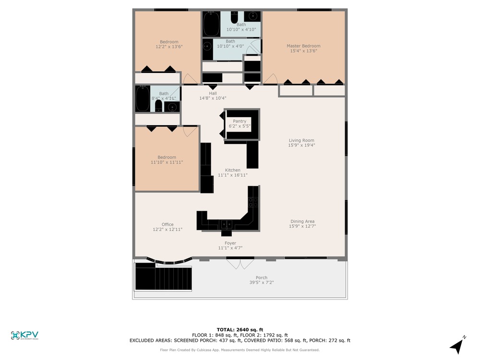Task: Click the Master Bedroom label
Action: tap(303, 46)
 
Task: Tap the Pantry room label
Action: tap(240, 121)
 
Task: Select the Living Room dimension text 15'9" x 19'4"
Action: tap(301, 145)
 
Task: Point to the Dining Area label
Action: tap(302, 221)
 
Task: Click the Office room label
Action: tap(168, 224)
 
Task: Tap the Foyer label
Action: tap(230, 243)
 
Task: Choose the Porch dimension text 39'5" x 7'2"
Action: tap(262, 282)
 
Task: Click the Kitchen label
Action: tap(233, 170)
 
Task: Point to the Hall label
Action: tap(213, 94)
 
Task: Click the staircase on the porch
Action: tap(163, 276)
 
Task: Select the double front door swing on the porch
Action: tap(240, 264)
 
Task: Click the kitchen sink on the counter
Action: tap(227, 224)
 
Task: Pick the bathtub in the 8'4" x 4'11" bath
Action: tap(143, 98)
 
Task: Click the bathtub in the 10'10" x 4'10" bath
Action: tap(212, 24)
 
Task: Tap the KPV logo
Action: tap(24, 336)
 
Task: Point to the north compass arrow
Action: tap(457, 346)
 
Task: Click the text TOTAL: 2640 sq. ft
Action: tap(240, 330)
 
